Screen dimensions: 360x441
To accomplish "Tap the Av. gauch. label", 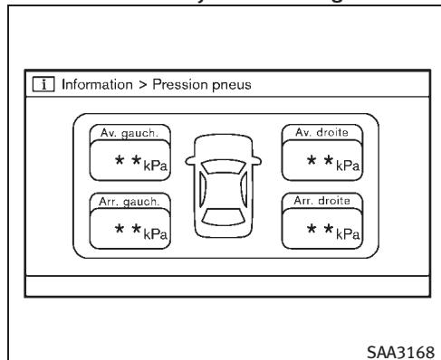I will click(117, 132).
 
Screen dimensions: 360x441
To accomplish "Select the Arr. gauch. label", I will click(118, 200).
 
